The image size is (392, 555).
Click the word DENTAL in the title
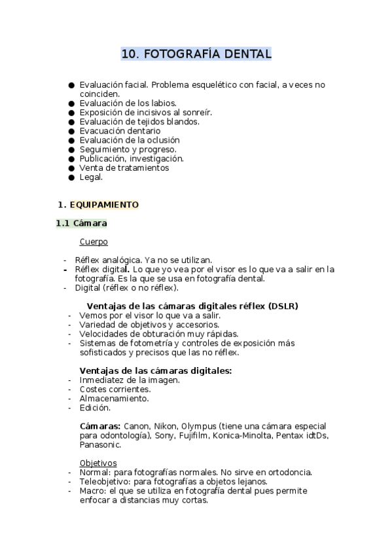click(247, 54)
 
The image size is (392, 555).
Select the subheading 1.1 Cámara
click(82, 223)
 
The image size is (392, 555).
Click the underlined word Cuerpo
click(94, 242)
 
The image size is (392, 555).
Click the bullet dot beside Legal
click(71, 177)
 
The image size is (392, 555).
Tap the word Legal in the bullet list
click(91, 177)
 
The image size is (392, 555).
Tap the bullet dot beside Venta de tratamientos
click(71, 168)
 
